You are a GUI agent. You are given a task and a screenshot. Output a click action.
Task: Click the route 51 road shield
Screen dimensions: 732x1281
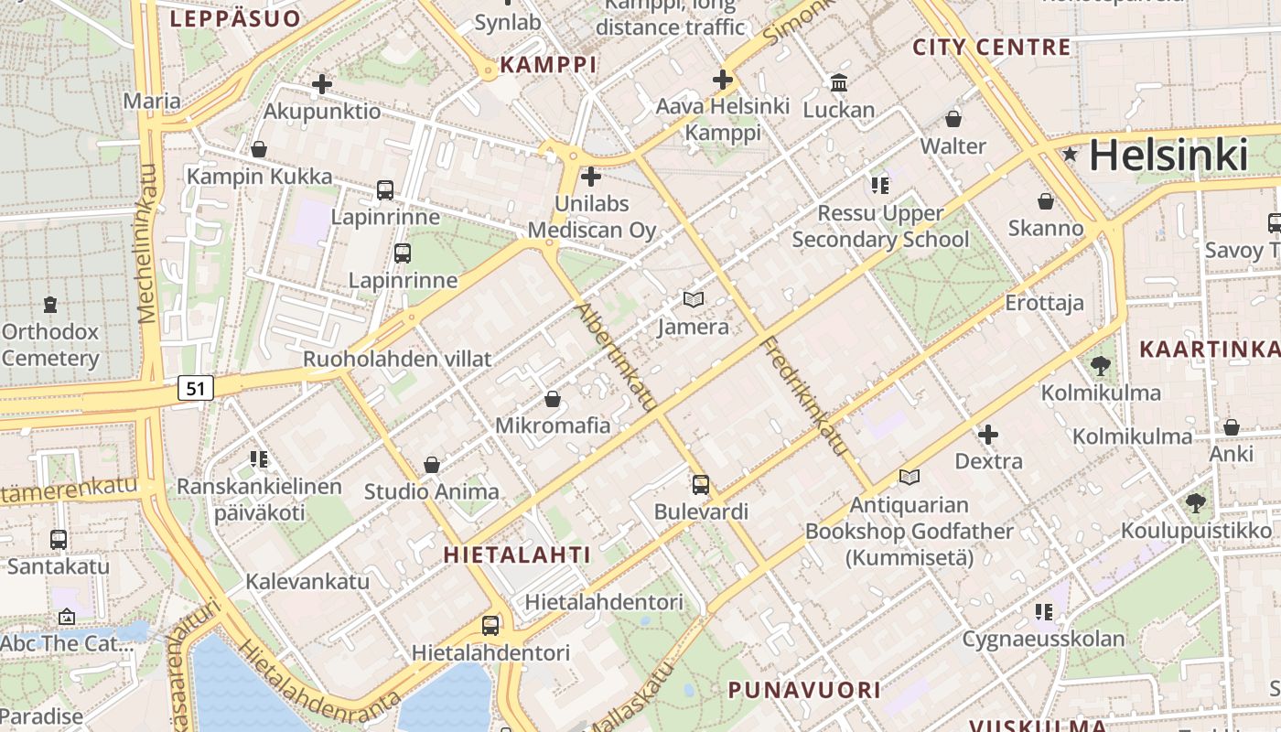[x=195, y=388]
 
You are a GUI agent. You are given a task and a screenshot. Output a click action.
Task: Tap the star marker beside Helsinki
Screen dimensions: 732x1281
[x=1070, y=155]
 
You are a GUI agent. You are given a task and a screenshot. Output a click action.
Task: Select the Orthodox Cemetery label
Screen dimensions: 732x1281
[x=49, y=345]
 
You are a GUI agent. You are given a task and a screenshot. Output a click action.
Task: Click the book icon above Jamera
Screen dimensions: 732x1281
[x=694, y=299]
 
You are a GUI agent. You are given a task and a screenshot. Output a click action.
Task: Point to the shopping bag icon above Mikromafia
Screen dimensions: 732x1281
[x=552, y=399]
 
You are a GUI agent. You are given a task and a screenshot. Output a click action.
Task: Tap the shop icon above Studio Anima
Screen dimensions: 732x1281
[x=432, y=465]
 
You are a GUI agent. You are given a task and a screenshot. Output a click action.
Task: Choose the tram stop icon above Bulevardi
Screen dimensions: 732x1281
[x=700, y=485]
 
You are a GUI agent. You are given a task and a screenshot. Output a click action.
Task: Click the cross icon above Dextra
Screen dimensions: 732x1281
[x=988, y=435]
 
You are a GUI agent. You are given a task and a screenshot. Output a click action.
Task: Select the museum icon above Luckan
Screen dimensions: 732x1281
[x=838, y=83]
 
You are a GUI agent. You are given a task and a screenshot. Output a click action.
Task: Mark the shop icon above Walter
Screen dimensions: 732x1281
[x=953, y=119]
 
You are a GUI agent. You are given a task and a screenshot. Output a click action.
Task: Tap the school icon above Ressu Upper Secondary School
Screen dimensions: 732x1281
[x=879, y=186]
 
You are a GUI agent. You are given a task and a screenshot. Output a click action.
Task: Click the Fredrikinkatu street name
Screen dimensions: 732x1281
[x=804, y=396]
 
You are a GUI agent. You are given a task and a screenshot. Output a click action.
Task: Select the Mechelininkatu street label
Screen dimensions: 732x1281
[x=147, y=243]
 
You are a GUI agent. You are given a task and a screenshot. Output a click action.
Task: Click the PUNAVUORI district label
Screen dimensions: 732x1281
[x=804, y=690]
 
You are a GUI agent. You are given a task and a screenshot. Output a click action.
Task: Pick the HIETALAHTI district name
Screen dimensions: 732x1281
[x=517, y=554]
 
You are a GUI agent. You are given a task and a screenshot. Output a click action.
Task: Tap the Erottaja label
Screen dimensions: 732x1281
[x=1044, y=303]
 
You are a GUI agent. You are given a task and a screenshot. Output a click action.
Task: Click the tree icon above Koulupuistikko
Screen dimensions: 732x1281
[x=1195, y=502]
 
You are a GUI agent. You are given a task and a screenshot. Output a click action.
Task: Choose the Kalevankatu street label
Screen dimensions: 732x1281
[x=307, y=581]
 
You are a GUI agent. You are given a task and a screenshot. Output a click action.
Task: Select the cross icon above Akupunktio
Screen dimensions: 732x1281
[x=321, y=85]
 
